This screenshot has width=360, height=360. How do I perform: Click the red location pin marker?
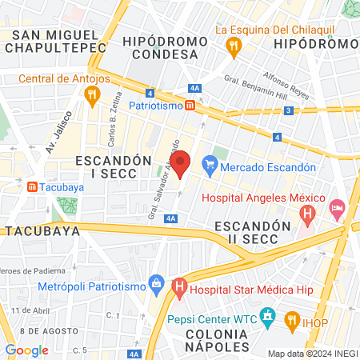click(x=181, y=163)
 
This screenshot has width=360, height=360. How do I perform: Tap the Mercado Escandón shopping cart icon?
click(x=210, y=166)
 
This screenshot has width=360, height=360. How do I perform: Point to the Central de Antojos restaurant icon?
click(x=92, y=94)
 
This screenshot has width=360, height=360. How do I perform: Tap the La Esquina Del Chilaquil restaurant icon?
click(x=233, y=45)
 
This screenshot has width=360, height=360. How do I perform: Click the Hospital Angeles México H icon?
click(x=307, y=214)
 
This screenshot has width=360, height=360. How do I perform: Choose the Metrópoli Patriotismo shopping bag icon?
click(x=156, y=283)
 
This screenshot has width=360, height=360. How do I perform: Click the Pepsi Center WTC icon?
click(x=269, y=317)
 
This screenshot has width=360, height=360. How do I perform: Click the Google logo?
click(x=26, y=350)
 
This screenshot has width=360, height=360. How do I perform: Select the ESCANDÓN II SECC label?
click(x=246, y=233)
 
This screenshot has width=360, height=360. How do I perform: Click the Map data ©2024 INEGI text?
click(x=312, y=354)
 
